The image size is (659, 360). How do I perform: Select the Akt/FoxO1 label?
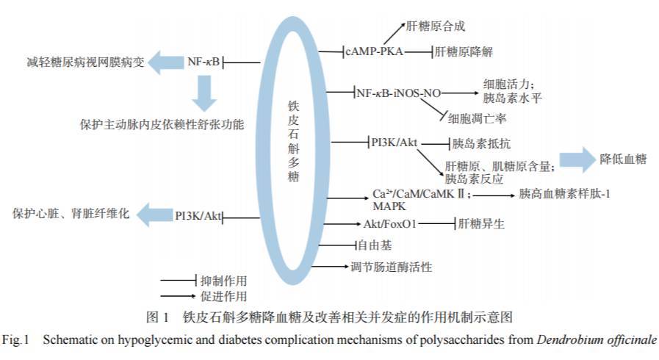point(390,222)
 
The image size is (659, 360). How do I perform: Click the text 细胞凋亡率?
point(480,116)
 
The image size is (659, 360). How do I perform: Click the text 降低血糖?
point(624,159)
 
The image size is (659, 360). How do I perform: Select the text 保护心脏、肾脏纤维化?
point(71,215)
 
